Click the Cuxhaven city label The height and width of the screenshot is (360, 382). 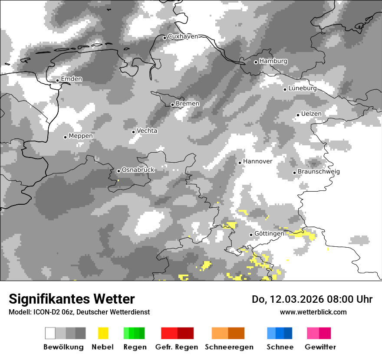point(183,36)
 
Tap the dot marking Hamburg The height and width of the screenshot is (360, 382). point(256,62)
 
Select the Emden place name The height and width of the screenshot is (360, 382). point(71,79)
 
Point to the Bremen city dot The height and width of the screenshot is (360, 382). point(172,105)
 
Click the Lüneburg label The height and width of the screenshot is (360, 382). point(302,88)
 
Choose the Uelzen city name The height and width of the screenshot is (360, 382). point(311,114)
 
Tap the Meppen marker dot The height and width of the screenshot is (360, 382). point(65,137)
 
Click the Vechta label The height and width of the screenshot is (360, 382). point(147,131)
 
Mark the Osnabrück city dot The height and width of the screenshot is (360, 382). point(119,171)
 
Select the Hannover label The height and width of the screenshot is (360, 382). point(257,161)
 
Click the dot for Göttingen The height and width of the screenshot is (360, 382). point(251,235)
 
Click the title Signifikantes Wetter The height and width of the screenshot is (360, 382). point(72,299)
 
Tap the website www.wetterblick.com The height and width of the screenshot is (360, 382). point(313,312)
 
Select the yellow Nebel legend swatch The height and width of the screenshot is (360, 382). point(103,333)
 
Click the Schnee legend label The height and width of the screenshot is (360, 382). point(280,347)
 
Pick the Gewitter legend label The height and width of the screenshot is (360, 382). point(320,347)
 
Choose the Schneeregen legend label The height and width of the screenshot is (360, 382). point(229,347)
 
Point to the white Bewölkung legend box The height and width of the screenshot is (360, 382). point(50,333)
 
